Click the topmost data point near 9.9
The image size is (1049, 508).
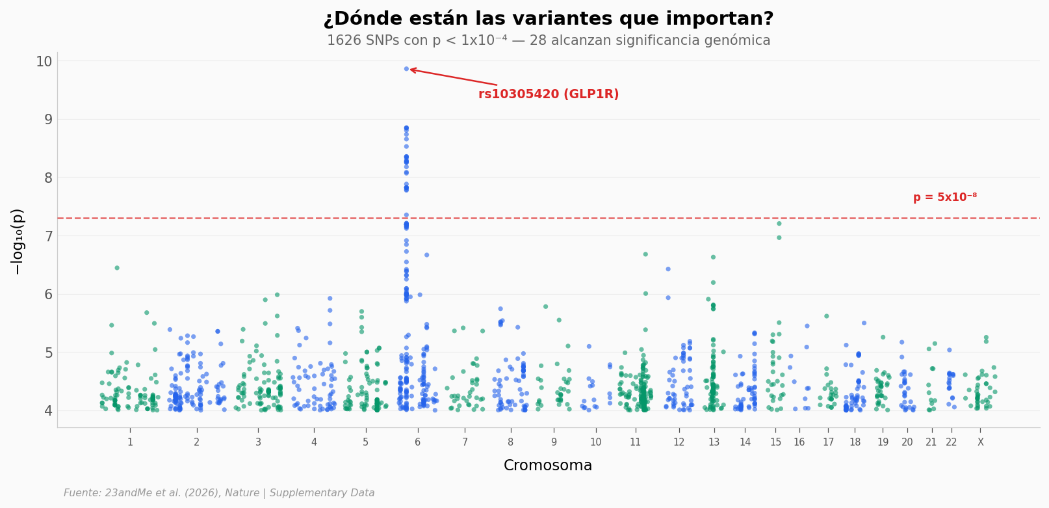tap(407, 69)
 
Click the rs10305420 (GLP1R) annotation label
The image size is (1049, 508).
tap(548, 94)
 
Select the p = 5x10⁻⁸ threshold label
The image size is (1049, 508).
tap(944, 198)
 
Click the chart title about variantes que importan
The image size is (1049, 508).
tap(548, 19)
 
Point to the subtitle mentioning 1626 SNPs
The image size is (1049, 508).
tap(548, 40)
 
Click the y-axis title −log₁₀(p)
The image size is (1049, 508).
tap(18, 241)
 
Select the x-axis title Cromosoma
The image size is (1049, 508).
tap(548, 466)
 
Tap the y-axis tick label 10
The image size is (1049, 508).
tap(44, 62)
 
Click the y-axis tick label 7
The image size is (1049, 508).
tap(48, 236)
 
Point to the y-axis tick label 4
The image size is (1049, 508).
tap(48, 410)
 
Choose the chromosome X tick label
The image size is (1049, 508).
tap(981, 442)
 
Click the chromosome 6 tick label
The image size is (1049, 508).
tap(418, 442)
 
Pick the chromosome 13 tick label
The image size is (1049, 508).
tap(714, 442)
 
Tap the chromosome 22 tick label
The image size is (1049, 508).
tap(952, 442)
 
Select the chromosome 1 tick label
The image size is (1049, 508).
tap(130, 442)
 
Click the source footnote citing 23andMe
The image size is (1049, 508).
tap(219, 493)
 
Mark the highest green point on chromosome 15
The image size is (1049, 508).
tap(779, 224)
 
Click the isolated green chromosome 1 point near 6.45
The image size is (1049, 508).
tap(117, 268)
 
